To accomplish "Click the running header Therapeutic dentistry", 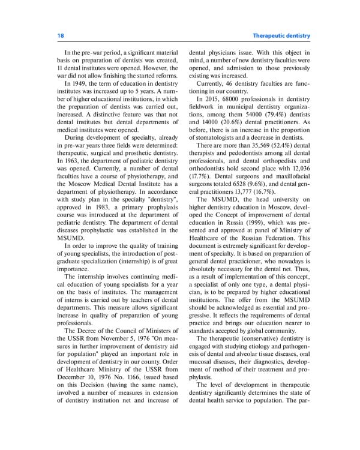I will coord(281,36).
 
